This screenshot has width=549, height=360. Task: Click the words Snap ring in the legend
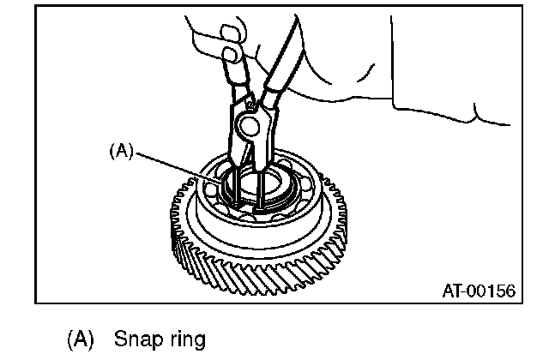[x=160, y=339]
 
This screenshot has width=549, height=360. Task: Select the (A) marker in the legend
[x=81, y=339]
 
